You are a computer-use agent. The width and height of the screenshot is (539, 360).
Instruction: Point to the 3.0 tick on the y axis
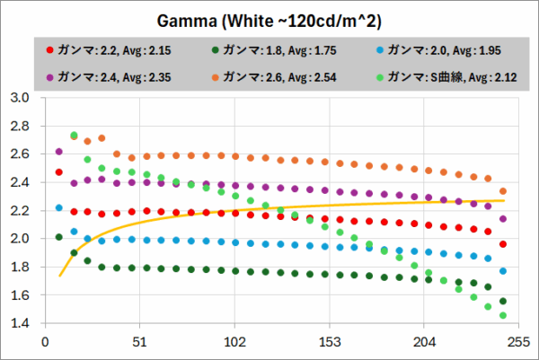(x=20, y=97)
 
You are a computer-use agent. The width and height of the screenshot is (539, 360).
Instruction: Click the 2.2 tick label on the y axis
(x=20, y=210)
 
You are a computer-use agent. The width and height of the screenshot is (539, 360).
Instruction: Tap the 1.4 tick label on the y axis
(x=20, y=323)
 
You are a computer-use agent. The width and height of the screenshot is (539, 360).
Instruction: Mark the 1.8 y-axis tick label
(x=20, y=267)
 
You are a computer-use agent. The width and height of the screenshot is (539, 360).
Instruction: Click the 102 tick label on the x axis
(x=234, y=342)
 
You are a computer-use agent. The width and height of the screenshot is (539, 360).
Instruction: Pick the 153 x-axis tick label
(x=330, y=342)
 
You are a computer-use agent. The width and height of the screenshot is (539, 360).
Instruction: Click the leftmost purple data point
(x=59, y=152)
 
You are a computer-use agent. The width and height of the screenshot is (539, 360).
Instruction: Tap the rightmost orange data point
(x=503, y=191)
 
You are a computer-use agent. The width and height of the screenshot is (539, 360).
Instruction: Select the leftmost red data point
(x=59, y=172)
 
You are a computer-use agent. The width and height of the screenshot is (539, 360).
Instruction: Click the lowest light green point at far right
(x=503, y=315)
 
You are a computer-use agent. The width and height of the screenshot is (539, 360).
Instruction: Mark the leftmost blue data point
(x=59, y=207)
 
